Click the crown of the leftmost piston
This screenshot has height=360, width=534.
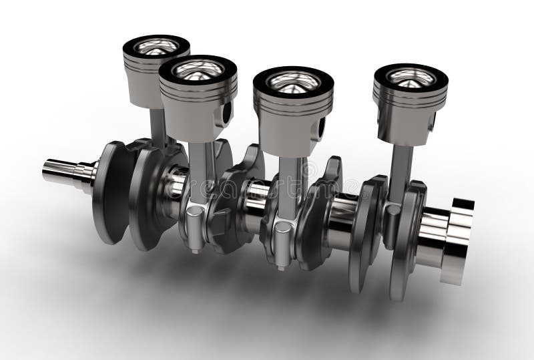pyautogui.click(x=156, y=47)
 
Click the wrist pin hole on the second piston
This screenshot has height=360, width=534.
pyautogui.click(x=228, y=112)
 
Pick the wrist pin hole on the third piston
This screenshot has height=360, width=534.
pyautogui.click(x=323, y=127)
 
